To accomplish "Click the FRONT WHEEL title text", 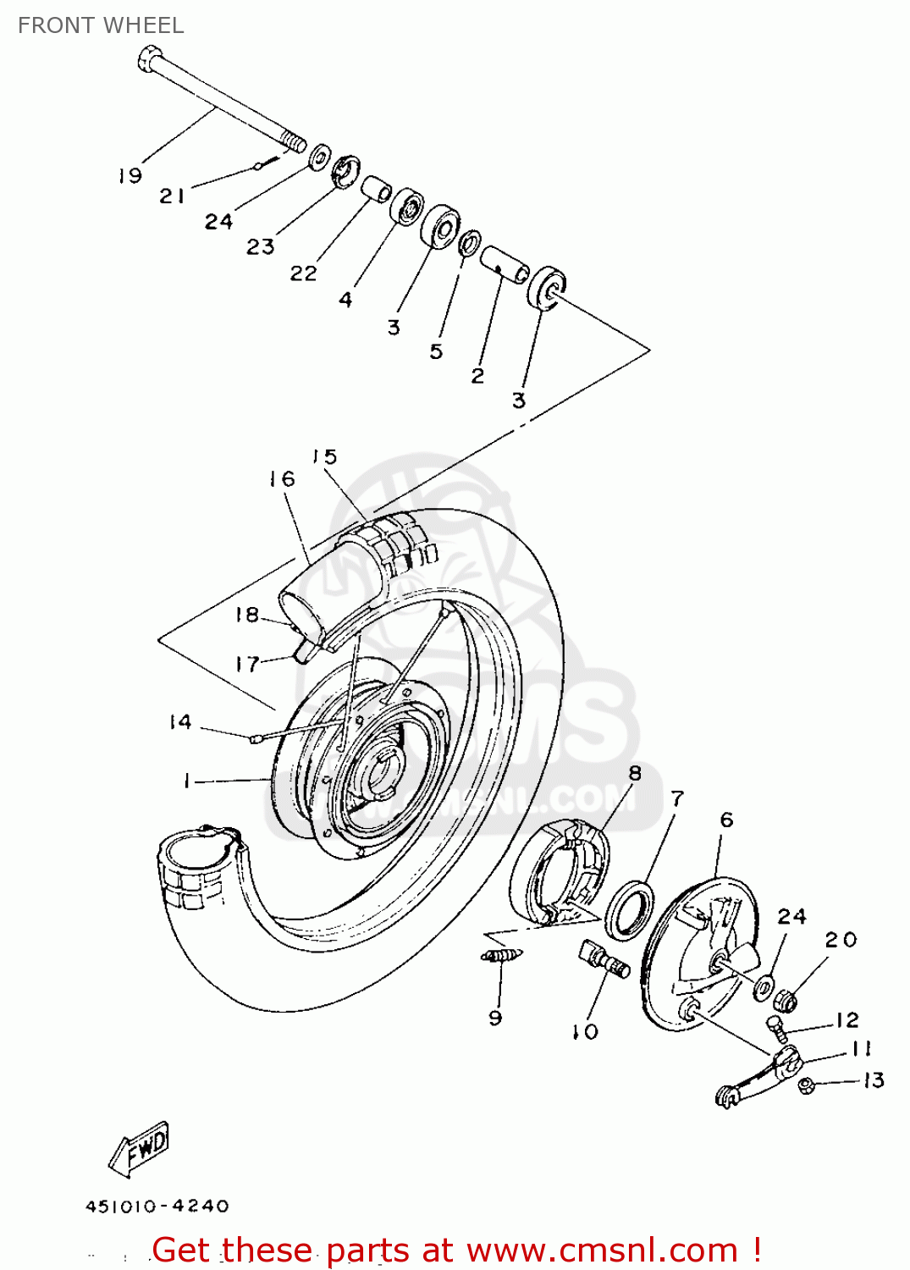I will [x=101, y=25].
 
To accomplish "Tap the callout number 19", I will [x=130, y=176].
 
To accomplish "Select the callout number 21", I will [x=172, y=196].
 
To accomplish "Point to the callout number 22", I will [x=303, y=273].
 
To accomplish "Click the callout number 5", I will [x=436, y=351].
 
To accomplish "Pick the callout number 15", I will [x=324, y=457].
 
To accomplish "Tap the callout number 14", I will [x=179, y=722].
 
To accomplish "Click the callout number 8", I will [x=635, y=773].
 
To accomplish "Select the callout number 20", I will [x=841, y=940].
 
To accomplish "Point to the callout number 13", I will [x=873, y=1080].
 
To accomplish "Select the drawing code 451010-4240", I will [x=157, y=1206].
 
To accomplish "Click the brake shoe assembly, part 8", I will [x=559, y=872].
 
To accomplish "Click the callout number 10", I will [x=585, y=1032].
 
